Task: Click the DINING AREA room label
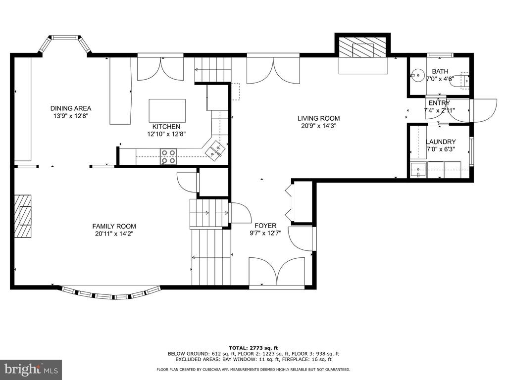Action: click(71, 108)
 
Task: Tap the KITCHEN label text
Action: click(166, 127)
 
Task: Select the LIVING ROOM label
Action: click(318, 119)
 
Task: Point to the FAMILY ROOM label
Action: click(114, 227)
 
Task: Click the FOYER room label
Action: click(265, 226)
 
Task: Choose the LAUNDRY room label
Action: click(441, 142)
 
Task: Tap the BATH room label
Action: click(440, 71)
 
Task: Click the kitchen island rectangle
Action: click(167, 111)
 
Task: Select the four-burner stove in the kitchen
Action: click(168, 156)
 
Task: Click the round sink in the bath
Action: click(418, 76)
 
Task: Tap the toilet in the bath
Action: click(460, 80)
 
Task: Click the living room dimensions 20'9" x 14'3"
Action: click(319, 126)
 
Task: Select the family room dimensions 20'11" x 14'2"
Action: click(114, 234)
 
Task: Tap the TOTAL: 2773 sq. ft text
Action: click(253, 348)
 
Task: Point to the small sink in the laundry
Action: click(418, 170)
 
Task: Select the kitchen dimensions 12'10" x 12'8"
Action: click(166, 134)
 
